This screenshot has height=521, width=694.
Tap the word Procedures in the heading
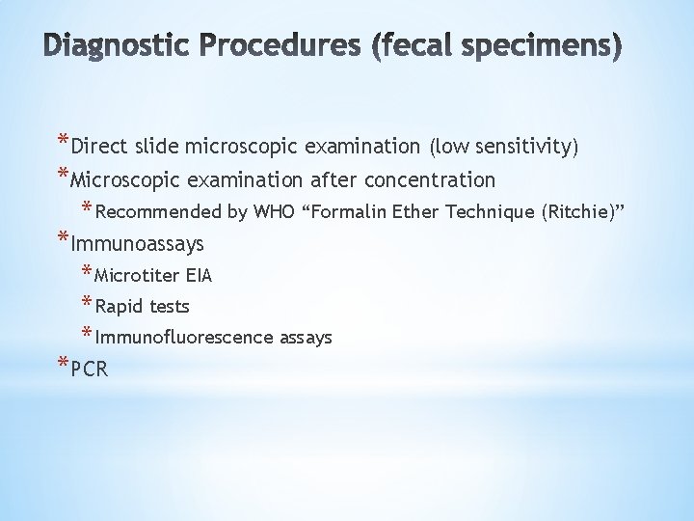coord(286,45)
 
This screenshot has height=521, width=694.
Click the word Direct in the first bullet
coord(102,148)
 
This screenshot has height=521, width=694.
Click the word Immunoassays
coord(137,243)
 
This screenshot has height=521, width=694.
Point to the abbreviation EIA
coord(199,275)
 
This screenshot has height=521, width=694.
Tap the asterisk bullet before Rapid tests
coord(87,304)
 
